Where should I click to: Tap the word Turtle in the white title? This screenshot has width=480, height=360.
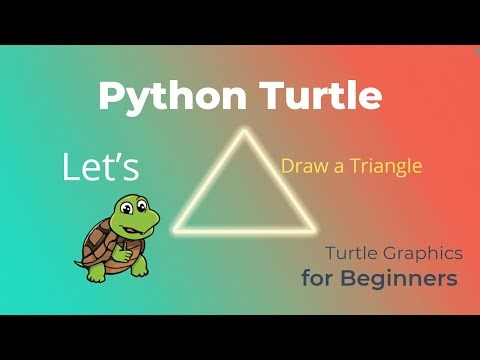(x=321, y=96)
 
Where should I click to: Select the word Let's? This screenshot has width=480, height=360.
(x=100, y=167)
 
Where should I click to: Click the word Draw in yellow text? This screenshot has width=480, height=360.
(x=301, y=166)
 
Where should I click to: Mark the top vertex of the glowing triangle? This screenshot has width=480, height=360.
(x=240, y=133)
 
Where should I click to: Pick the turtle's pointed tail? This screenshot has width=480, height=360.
(x=78, y=265)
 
